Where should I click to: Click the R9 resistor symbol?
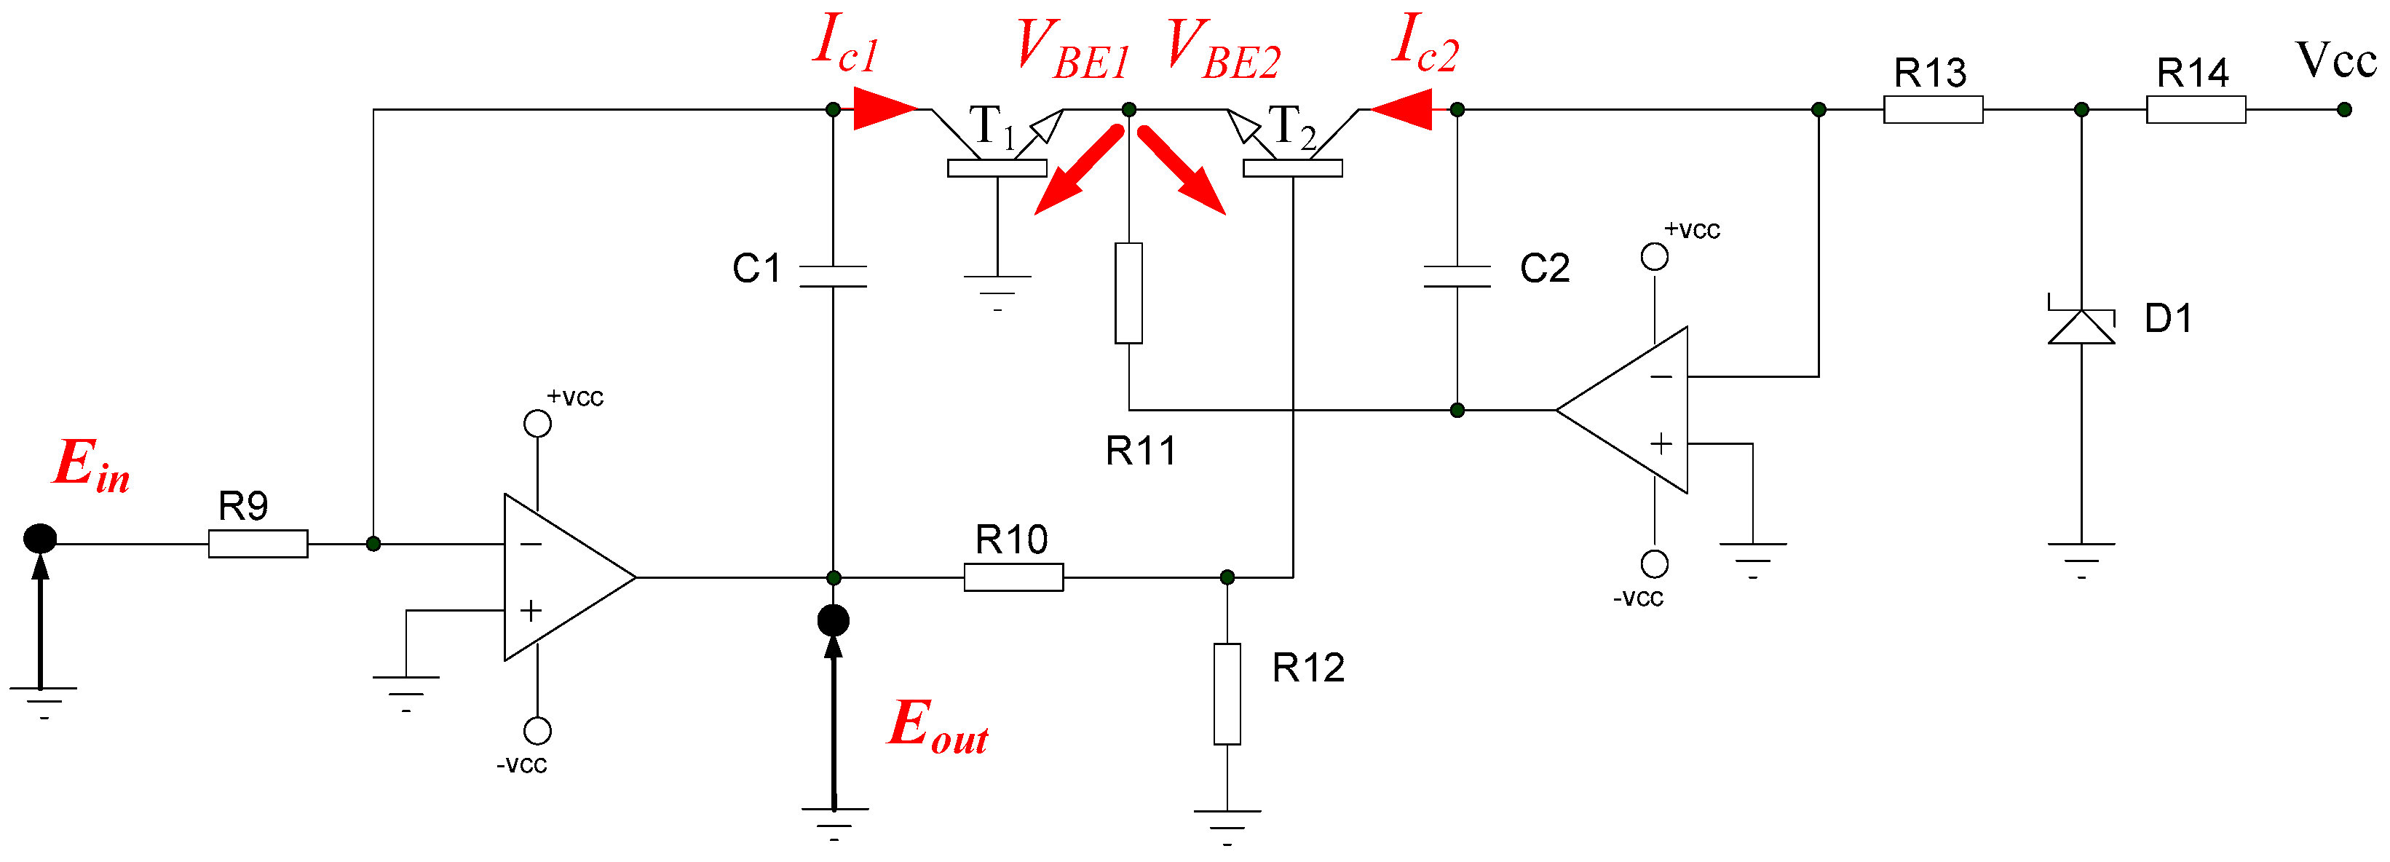258,544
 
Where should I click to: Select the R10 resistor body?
1013,577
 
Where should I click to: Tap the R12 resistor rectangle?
1227,694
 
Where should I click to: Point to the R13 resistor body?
1933,109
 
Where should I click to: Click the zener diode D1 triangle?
2081,327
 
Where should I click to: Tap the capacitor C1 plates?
832,276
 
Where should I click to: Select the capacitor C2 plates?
1457,276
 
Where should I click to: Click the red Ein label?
91,466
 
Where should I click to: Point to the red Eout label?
937,727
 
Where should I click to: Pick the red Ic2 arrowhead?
1402,109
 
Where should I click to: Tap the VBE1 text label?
1072,51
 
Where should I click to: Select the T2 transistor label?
1291,127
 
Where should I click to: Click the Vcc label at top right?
2335,61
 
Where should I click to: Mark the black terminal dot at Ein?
40,538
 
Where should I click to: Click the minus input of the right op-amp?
1661,376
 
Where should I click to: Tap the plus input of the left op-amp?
531,611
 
